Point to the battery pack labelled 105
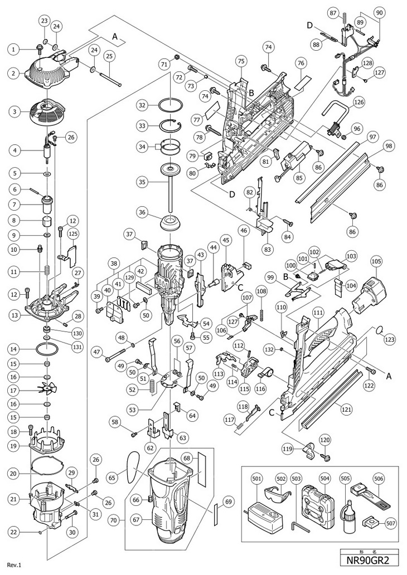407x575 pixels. tap(371, 295)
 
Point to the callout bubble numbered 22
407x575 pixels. tap(12, 531)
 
